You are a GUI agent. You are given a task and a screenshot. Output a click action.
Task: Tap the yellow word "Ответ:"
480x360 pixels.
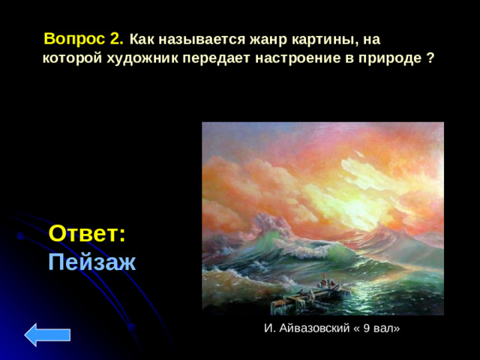(87, 233)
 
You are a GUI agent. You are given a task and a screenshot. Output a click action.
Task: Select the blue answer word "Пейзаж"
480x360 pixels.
(91, 262)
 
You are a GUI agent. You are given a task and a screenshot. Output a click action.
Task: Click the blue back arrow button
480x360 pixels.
(47, 334)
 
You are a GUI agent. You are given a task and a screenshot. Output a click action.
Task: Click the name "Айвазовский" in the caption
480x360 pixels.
(308, 328)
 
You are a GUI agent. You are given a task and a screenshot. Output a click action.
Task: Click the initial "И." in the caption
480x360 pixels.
(268, 328)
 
